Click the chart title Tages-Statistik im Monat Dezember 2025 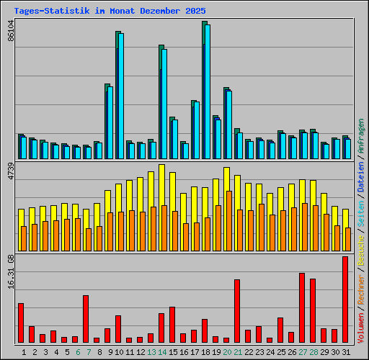[110, 12]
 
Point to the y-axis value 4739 [10, 176]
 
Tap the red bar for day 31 [345, 300]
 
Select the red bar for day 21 [237, 311]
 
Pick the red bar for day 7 [86, 319]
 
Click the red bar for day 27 [302, 308]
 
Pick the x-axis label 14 [162, 352]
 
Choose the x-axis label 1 [24, 352]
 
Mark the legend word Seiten [361, 211]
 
